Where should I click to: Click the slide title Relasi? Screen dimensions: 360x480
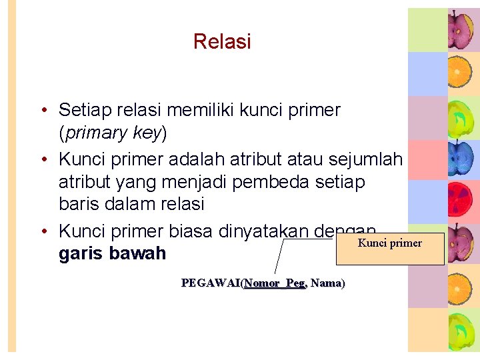[x=222, y=41]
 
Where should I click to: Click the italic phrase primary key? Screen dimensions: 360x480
[x=113, y=133]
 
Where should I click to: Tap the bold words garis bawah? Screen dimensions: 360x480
[x=112, y=255]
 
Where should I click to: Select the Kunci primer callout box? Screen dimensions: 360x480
[x=390, y=249]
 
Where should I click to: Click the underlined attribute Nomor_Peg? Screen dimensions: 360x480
[x=275, y=283]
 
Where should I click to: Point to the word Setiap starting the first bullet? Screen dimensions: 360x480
[x=84, y=109]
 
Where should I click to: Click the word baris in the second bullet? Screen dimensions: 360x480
[x=77, y=203]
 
